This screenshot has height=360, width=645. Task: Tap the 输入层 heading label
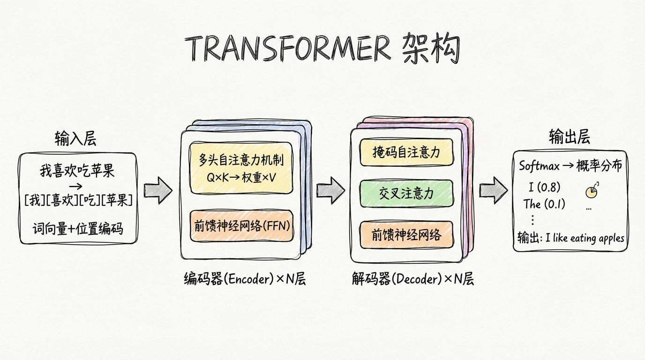click(75, 139)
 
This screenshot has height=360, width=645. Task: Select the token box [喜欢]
click(62, 201)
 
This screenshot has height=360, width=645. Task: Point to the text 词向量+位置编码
click(77, 229)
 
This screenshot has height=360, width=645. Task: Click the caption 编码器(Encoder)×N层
click(245, 279)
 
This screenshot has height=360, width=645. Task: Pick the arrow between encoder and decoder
click(330, 190)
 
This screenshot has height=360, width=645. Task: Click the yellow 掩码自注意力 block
click(406, 152)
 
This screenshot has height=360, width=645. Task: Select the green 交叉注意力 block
click(406, 193)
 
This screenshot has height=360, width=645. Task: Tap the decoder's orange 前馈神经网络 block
click(406, 234)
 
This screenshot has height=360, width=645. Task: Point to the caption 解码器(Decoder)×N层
click(412, 279)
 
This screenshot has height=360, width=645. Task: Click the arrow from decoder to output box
click(493, 190)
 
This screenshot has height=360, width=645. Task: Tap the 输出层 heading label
click(569, 137)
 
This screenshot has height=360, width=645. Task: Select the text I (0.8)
click(544, 187)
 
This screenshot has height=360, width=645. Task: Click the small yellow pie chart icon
click(592, 191)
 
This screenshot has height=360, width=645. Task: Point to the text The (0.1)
click(544, 204)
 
